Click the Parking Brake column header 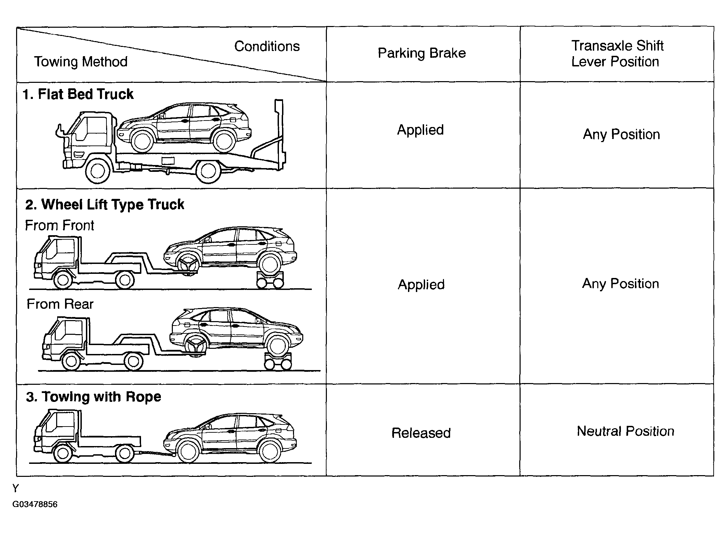[x=421, y=53]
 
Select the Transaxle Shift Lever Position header [x=617, y=54]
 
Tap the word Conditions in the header [x=267, y=47]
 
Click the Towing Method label [x=81, y=62]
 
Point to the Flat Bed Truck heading [x=78, y=94]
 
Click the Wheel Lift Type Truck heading [x=105, y=205]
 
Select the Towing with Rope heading [x=93, y=397]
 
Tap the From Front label [x=60, y=226]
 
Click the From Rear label [x=60, y=304]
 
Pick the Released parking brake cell [x=421, y=433]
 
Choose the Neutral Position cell [x=625, y=431]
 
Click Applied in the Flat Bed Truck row [x=420, y=130]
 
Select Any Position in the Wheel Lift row [x=620, y=284]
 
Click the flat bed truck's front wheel [x=98, y=171]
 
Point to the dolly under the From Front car [x=270, y=279]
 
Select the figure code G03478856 [x=35, y=504]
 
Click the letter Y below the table [x=15, y=488]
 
